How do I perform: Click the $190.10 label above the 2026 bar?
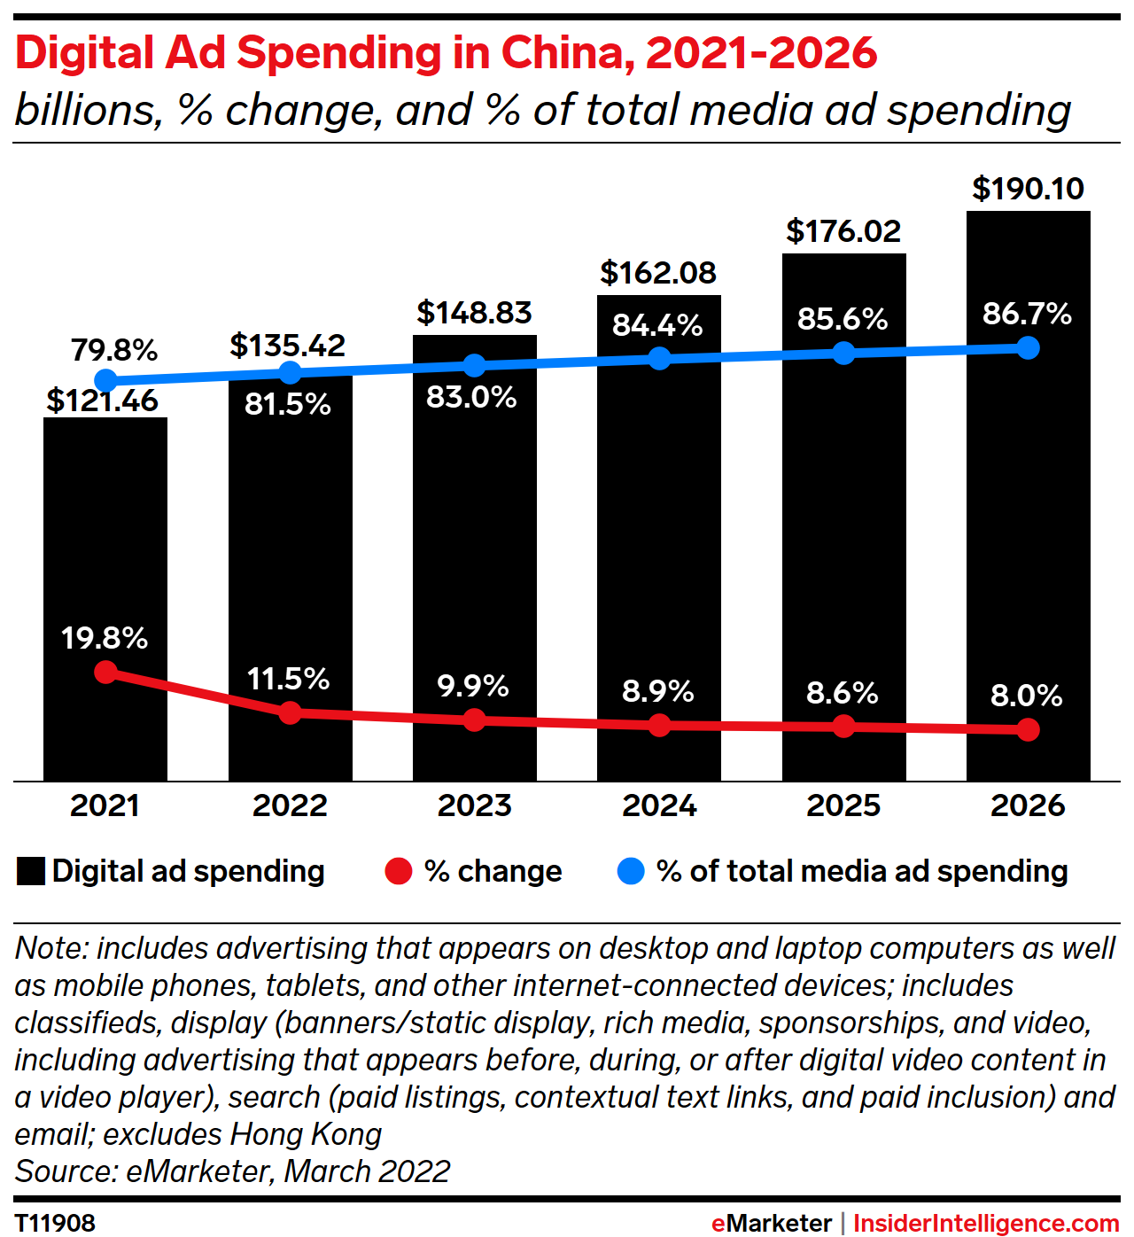(x=1028, y=189)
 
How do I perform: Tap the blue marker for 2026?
(x=1028, y=347)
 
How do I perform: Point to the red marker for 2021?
(x=105, y=672)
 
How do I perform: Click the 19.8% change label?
(x=105, y=638)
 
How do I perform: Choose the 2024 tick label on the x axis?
(x=659, y=805)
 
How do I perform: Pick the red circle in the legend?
(x=399, y=872)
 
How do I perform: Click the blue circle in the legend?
(x=630, y=872)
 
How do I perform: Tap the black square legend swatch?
(x=31, y=872)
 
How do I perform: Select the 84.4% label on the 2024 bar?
(x=657, y=325)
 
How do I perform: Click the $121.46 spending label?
(x=103, y=401)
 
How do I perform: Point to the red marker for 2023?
(x=474, y=720)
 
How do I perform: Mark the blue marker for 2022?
(x=290, y=372)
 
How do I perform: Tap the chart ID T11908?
(x=55, y=1223)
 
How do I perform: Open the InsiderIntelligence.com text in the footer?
(x=985, y=1223)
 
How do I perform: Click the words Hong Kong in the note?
(x=306, y=1134)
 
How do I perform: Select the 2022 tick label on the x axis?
(x=290, y=805)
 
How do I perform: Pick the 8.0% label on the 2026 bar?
(x=1026, y=696)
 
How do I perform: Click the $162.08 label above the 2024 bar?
(x=658, y=273)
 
